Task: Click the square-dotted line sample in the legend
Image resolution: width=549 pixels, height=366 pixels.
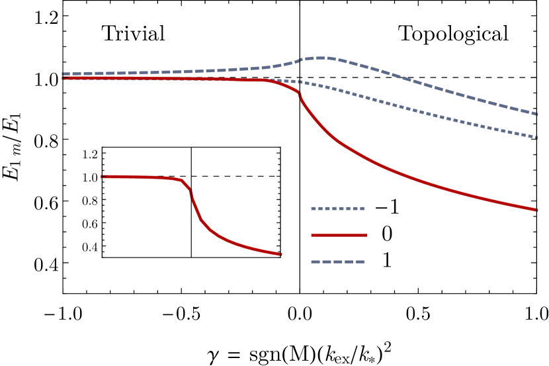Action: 337,208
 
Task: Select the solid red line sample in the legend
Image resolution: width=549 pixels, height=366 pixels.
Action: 339,235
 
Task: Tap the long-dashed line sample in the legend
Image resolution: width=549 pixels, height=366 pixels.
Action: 337,261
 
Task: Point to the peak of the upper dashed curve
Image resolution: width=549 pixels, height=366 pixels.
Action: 319,58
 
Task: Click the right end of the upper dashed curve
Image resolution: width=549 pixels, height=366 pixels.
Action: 536,114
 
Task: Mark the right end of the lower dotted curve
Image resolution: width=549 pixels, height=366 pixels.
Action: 536,137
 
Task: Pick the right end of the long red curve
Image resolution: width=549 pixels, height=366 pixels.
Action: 536,210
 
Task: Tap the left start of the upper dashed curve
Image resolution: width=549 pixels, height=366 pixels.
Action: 63,74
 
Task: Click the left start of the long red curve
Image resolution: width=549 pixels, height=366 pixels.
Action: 63,78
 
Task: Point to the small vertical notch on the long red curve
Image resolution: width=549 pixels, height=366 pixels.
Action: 300,97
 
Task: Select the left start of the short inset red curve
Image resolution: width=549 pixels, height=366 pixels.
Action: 102,177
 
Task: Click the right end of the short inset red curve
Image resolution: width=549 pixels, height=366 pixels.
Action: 280,254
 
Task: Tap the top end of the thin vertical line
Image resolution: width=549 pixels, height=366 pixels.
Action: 191,149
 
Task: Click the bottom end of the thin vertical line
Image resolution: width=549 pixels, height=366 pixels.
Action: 191,257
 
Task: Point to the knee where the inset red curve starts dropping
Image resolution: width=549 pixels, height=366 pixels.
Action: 182,180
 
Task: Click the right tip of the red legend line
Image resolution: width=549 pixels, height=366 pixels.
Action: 366,235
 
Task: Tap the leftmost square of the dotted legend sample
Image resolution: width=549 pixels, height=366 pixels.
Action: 314,208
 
